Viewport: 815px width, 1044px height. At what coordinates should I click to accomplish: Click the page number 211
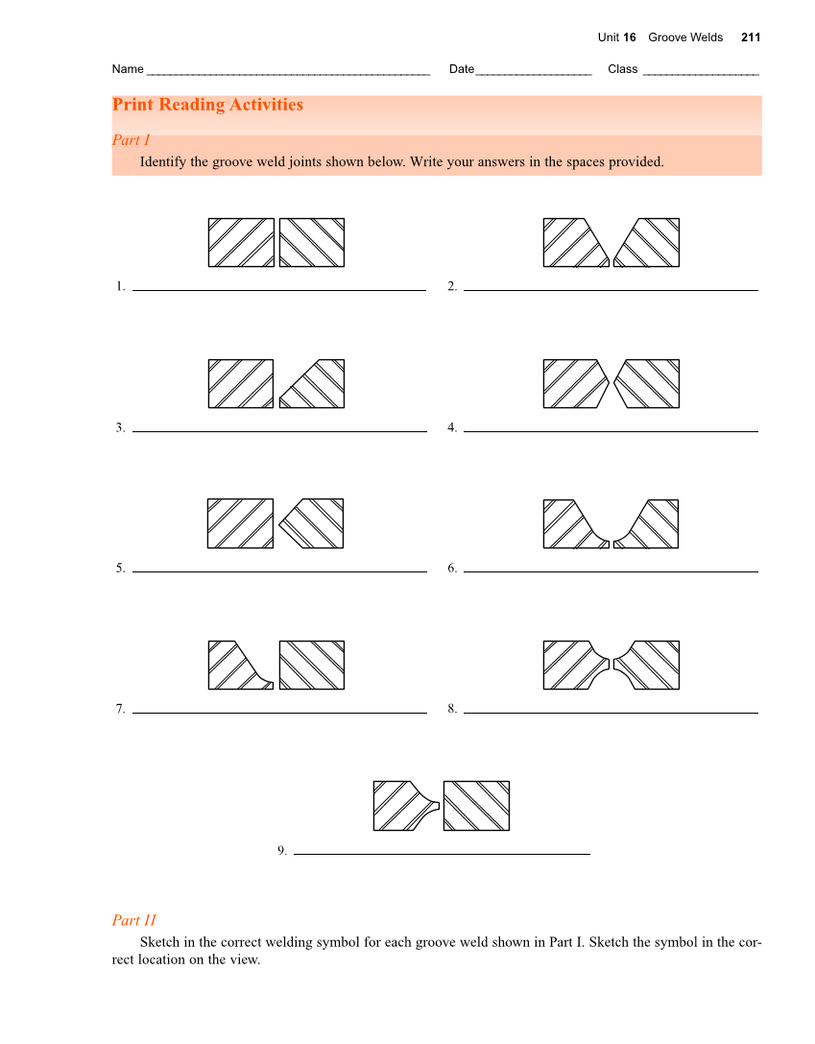pos(751,37)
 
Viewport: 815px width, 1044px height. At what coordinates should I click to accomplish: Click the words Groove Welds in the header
pos(685,37)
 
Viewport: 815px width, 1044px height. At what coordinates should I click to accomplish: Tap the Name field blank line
pos(287,72)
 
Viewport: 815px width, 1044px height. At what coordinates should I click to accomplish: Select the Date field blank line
pos(534,72)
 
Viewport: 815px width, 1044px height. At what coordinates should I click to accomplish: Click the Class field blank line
pos(701,72)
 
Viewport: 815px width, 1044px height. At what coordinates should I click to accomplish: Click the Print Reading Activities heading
pos(207,105)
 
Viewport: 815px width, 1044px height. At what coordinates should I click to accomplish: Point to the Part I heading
pos(132,140)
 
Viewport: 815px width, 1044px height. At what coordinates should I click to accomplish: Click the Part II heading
pos(133,920)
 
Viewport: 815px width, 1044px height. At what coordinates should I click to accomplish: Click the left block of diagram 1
pos(241,242)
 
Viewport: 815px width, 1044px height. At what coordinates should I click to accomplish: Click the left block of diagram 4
pos(574,383)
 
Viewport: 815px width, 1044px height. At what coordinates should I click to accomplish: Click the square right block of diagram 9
pos(476,806)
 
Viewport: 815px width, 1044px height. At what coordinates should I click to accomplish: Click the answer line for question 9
pos(442,853)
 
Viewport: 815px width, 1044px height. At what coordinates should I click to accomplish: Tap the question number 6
pos(452,569)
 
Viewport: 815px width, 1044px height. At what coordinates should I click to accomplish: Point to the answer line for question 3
pos(279,431)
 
